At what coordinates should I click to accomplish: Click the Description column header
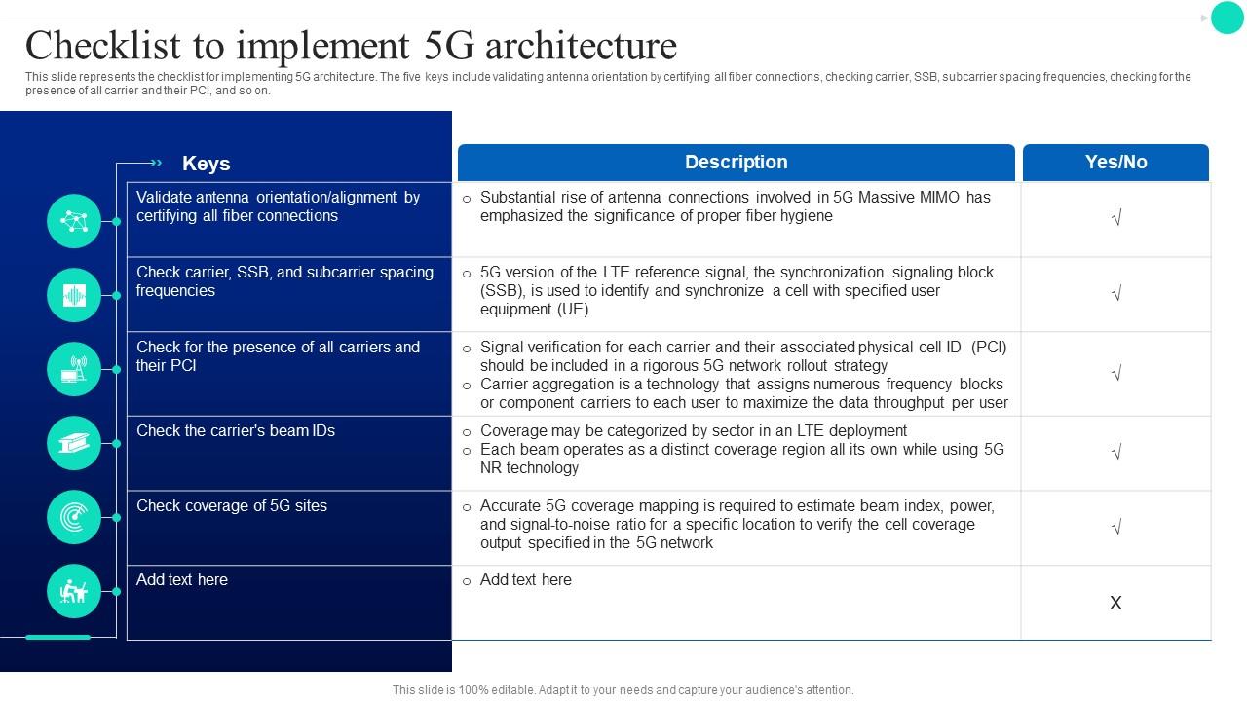[736, 163]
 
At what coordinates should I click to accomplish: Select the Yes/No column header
[1115, 163]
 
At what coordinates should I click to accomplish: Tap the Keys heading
[206, 164]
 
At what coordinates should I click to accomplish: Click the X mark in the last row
[1115, 604]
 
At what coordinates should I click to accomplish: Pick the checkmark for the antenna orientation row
[1116, 219]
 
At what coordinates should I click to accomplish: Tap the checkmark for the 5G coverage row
[1116, 528]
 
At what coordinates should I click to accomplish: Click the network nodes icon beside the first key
[74, 221]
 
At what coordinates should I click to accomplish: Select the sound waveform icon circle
[74, 295]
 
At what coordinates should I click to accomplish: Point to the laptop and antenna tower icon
[74, 370]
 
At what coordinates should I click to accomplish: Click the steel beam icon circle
[74, 444]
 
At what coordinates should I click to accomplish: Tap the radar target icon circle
[74, 517]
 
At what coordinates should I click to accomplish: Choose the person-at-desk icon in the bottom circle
[74, 591]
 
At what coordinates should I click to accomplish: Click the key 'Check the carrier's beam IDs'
[236, 431]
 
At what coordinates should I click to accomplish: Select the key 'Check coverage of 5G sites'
[232, 506]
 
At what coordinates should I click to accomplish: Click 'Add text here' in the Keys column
[182, 580]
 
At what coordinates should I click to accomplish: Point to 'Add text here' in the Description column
[526, 580]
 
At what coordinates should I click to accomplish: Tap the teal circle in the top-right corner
[1227, 18]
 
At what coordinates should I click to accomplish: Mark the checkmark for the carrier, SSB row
[1116, 294]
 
